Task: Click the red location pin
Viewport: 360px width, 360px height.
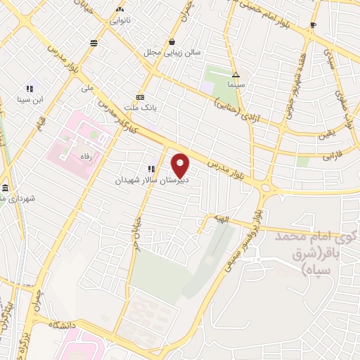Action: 181,165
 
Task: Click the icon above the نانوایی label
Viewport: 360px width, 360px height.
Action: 119,9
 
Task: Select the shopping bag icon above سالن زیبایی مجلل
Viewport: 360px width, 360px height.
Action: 172,41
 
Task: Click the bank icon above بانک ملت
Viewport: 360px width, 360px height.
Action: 141,96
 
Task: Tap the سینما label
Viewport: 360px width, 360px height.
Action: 236,84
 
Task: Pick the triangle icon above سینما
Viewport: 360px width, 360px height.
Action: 236,74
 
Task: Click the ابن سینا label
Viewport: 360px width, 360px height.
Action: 31,100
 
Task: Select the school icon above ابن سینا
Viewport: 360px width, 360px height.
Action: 30,89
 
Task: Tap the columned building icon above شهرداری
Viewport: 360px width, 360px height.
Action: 6,188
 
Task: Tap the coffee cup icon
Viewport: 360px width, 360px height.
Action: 313,25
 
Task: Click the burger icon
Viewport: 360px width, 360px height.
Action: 94,43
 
